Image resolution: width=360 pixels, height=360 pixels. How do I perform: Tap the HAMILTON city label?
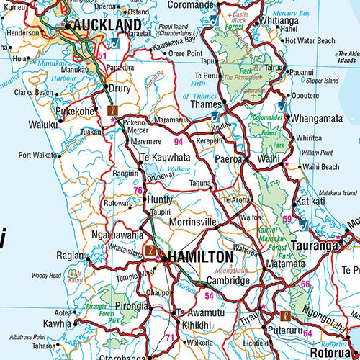coord(201,257)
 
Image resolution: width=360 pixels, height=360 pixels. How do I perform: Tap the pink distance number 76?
coord(137,190)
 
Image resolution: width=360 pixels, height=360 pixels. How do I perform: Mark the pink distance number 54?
coord(210,295)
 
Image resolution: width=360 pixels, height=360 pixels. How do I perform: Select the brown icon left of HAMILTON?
coord(150,250)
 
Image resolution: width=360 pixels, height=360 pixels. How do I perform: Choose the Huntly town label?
coord(160,200)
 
